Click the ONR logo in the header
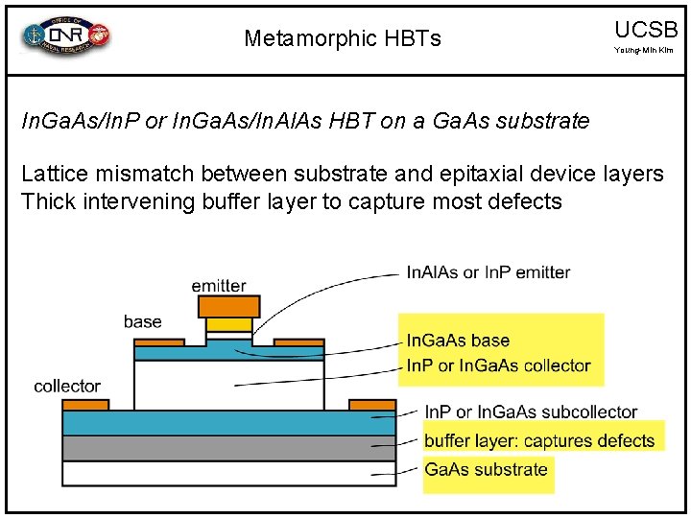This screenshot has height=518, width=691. [66, 36]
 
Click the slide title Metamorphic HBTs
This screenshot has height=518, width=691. [343, 38]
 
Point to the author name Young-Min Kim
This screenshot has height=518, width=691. [645, 50]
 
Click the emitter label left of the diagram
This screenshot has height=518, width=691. [218, 286]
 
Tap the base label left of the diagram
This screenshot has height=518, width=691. [142, 321]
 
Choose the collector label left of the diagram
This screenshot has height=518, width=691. [67, 386]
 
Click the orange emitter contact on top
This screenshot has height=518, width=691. [228, 307]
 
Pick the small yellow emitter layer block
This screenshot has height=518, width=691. [228, 324]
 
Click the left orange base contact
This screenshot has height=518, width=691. [158, 342]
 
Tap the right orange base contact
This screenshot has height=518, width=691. [298, 342]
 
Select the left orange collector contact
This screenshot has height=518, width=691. [85, 405]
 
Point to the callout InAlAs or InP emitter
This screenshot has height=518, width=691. [488, 272]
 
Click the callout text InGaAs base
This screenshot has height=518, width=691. [458, 340]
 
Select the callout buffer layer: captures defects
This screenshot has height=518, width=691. [538, 441]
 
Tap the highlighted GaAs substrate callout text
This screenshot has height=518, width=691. [486, 469]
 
